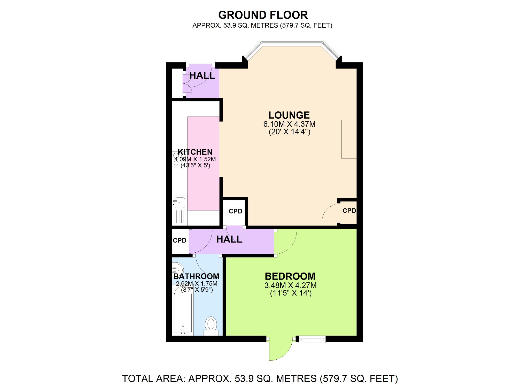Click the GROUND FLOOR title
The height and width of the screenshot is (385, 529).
(263, 15)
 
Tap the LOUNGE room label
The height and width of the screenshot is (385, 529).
(289, 115)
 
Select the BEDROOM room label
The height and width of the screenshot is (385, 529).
(290, 276)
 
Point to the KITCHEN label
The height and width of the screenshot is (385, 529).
(195, 152)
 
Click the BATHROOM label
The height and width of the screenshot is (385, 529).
(196, 276)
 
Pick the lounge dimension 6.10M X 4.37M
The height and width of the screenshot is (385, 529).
(289, 124)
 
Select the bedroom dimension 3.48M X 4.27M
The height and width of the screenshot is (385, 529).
(290, 285)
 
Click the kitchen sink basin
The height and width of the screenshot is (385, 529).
(179, 202)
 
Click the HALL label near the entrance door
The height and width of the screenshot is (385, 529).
(202, 76)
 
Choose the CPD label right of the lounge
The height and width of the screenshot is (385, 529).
(349, 211)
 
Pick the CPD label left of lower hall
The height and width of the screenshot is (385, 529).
(180, 240)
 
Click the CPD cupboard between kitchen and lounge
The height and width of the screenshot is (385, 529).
(235, 211)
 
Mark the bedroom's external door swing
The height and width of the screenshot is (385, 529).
(280, 349)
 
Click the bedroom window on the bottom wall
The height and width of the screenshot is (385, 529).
(312, 339)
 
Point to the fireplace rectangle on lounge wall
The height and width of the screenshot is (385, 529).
(349, 139)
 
